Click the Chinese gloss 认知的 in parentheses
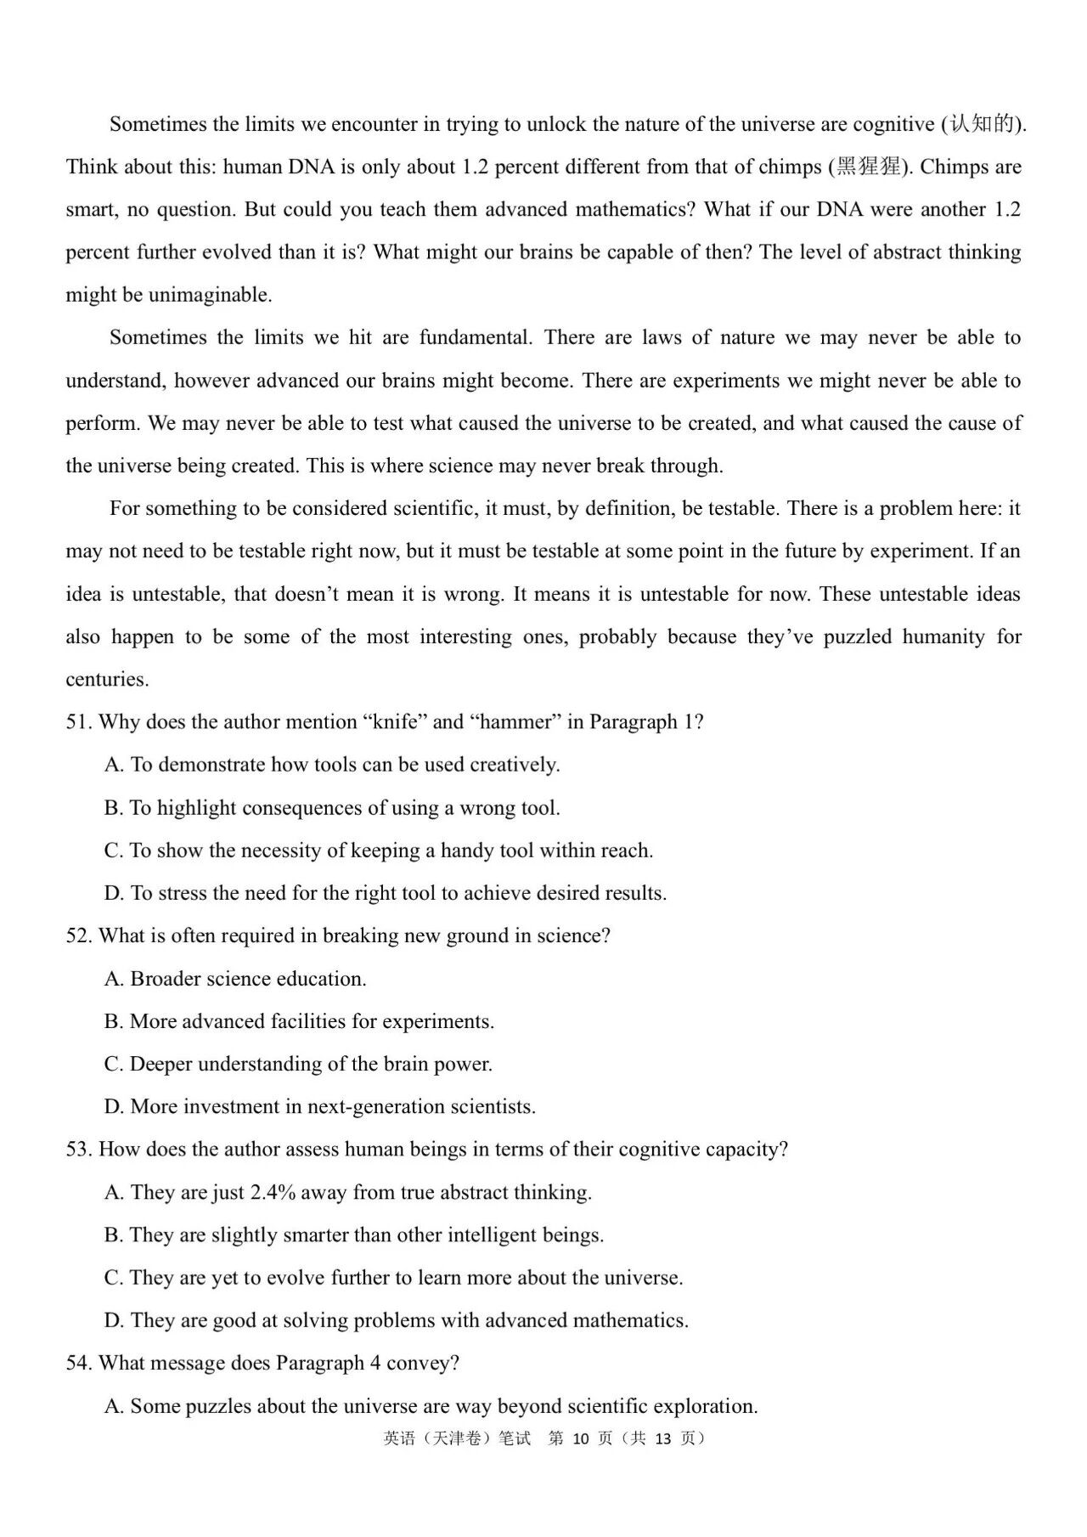coord(982,124)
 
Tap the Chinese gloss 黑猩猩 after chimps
coord(868,167)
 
